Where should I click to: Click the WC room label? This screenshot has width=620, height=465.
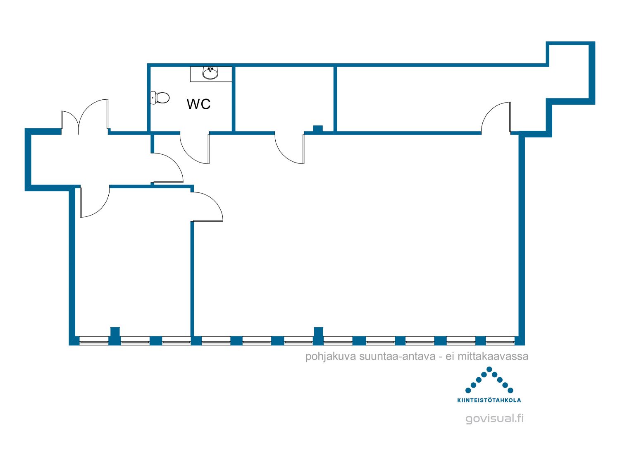point(198,104)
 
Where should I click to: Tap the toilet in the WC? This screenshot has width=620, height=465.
point(160,98)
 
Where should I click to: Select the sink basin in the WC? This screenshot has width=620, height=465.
point(210,73)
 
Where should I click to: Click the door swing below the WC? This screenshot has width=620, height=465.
point(195,148)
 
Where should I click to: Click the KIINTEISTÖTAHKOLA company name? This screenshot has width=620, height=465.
point(489,400)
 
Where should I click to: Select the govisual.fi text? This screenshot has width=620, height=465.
point(495,418)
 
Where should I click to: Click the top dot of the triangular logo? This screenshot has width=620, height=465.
point(489,369)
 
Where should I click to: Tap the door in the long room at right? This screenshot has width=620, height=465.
point(496,117)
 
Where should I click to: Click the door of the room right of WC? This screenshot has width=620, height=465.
point(289,148)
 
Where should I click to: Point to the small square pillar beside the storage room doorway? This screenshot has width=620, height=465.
point(318,129)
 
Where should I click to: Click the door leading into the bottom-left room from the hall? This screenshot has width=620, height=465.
point(95,201)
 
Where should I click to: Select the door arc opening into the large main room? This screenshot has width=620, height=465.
point(207,206)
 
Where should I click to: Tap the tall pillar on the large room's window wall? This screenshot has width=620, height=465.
point(318,336)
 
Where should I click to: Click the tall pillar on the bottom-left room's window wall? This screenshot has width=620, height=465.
point(115,336)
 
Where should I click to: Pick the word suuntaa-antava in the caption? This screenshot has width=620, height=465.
point(398,356)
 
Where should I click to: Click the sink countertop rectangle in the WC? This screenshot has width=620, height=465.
point(211,74)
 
